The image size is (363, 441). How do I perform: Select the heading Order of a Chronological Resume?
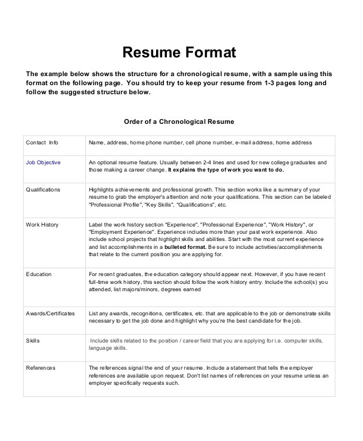click(x=178, y=121)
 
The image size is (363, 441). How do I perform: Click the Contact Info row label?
click(x=42, y=143)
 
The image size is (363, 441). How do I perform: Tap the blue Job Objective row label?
click(x=43, y=163)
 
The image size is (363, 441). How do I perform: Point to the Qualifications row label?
click(x=43, y=190)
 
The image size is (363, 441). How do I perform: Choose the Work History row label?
click(x=42, y=225)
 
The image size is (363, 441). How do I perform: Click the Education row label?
click(x=39, y=274)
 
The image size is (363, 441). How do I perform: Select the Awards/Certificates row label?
click(x=50, y=314)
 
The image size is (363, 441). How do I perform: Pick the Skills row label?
click(x=33, y=341)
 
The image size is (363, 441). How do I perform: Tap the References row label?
click(x=41, y=367)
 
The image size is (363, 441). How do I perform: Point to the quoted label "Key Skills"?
click(x=159, y=205)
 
